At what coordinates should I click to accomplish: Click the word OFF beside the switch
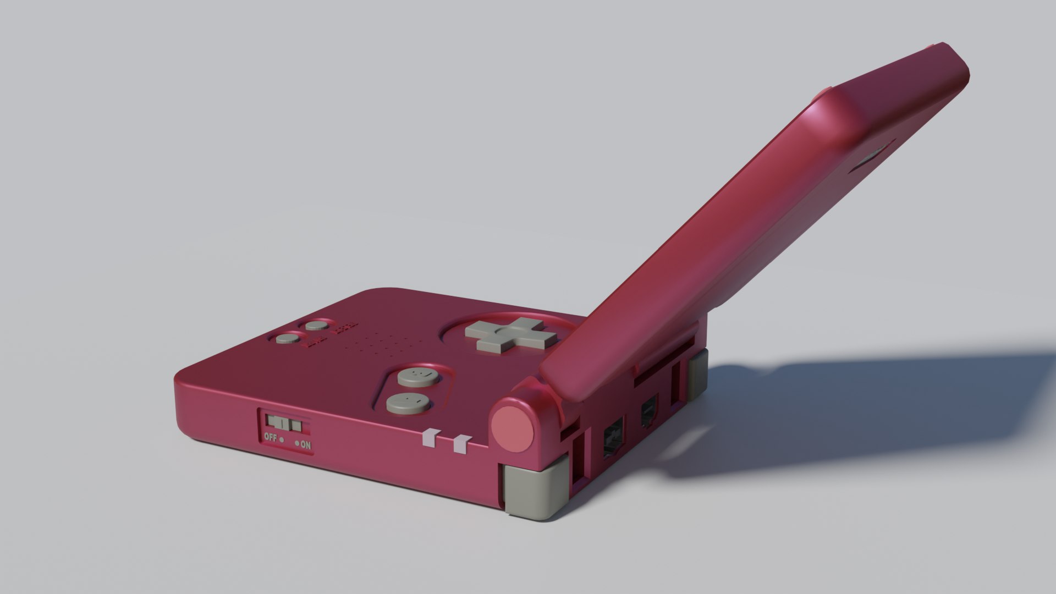pos(270,438)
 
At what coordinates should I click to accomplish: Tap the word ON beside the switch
pos(306,445)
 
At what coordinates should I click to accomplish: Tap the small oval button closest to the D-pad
pos(317,326)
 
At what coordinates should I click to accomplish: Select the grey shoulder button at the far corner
pos(696,376)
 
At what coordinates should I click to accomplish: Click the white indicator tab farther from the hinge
pos(428,438)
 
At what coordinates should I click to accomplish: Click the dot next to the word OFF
pos(282,440)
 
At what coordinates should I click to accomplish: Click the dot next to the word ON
pos(297,443)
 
